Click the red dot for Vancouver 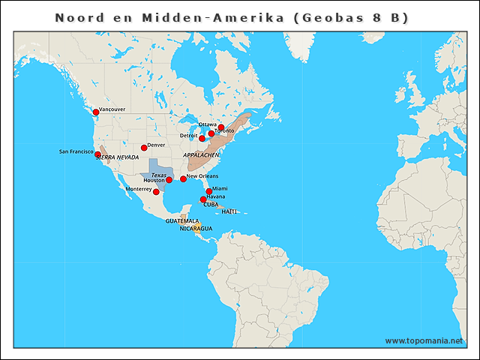[95, 112]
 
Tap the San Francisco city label [76, 151]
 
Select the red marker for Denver [144, 147]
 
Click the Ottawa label [208, 124]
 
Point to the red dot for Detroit [202, 138]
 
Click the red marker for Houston [169, 180]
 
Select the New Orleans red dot [183, 178]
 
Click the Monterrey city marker [156, 192]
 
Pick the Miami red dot [209, 191]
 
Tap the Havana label [215, 196]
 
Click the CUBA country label [211, 204]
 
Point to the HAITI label [229, 211]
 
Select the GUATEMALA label [182, 221]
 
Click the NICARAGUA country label [196, 228]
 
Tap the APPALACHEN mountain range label [201, 154]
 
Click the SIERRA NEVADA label [117, 157]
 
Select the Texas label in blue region [158, 174]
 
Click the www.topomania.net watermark [424, 340]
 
